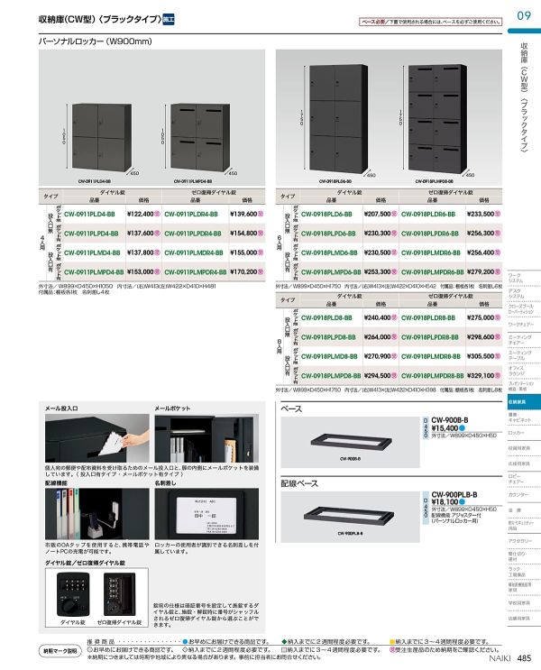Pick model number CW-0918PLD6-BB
tap(326, 214)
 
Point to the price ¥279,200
tap(485, 271)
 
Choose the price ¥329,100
tap(485, 375)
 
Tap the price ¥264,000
tap(381, 337)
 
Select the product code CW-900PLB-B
tap(454, 494)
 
